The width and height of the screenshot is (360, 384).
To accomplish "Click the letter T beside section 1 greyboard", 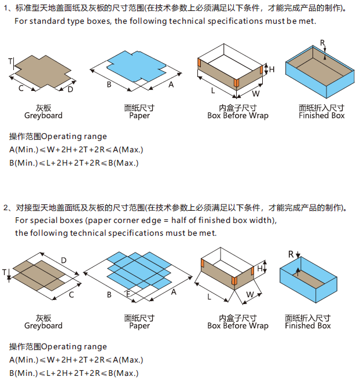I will click(10, 61).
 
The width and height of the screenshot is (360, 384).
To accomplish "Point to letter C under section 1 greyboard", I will click(21, 88).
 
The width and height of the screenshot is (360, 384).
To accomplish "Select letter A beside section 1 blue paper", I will click(171, 85).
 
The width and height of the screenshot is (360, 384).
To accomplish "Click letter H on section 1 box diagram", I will click(271, 70).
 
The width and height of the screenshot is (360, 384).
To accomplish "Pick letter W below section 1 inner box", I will click(255, 93).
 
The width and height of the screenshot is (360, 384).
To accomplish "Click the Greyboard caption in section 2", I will click(43, 326).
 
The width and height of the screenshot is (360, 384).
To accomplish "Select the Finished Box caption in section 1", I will click(322, 115).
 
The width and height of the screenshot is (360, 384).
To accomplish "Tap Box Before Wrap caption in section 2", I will click(238, 326).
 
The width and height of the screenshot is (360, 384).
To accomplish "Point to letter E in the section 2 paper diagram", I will click(128, 294).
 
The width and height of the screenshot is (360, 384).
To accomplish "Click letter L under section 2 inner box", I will click(209, 297).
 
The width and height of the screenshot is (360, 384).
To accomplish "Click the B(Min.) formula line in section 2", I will click(74, 373).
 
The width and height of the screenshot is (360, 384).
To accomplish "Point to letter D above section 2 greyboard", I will click(64, 259).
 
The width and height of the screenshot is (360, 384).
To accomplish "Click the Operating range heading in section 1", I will click(58, 137).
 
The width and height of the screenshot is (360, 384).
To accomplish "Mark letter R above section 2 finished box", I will click(291, 254).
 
